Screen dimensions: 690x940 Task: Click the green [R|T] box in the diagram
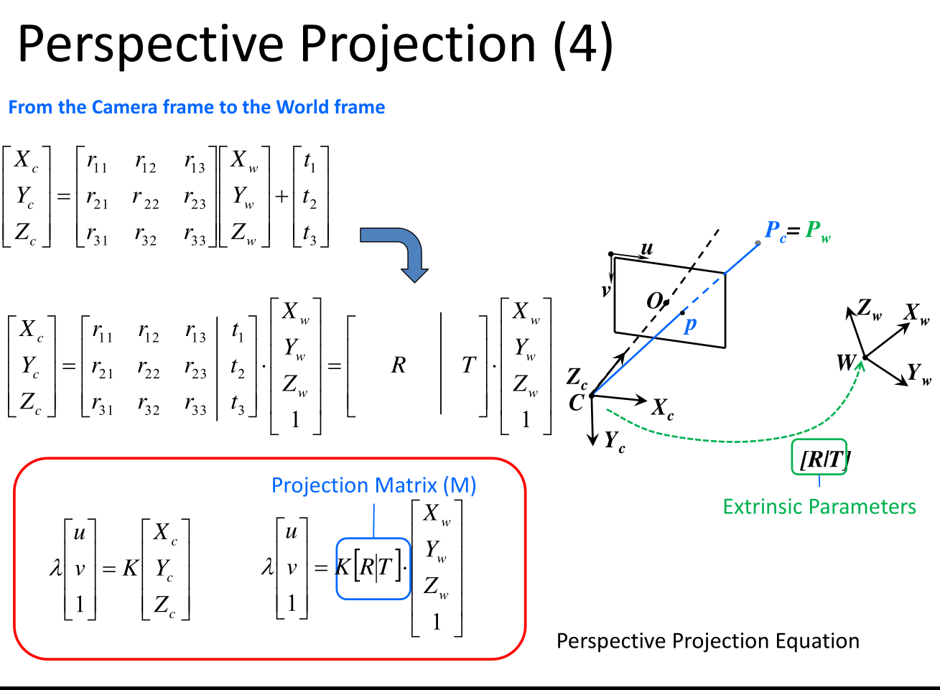819,457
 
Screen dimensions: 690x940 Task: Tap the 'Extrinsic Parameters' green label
819,507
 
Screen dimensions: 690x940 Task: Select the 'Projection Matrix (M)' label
373,486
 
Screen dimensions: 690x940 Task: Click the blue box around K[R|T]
373,569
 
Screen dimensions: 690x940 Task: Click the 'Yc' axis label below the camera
615,441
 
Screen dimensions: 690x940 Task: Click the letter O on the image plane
653,301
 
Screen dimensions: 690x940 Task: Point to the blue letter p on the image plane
690,325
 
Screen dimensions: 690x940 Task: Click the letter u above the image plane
647,248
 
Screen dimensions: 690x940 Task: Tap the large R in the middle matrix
399,365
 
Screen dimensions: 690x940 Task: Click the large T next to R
468,365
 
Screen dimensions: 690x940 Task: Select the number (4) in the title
584,45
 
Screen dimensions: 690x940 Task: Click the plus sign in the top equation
281,196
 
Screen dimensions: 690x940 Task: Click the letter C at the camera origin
576,404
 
